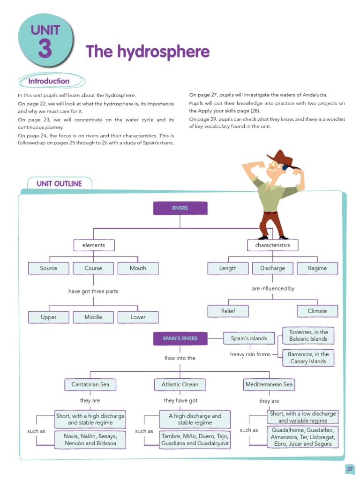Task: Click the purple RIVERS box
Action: click(180, 208)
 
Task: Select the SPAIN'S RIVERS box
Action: click(180, 338)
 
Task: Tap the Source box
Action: click(49, 268)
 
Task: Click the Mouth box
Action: click(138, 268)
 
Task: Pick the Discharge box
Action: click(272, 268)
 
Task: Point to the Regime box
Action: click(317, 268)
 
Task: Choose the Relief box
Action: click(228, 311)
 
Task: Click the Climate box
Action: click(317, 311)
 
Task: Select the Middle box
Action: click(93, 317)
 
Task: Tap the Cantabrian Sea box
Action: click(90, 385)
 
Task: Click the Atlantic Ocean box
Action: click(180, 385)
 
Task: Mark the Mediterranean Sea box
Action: click(269, 385)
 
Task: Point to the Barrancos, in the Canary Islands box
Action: click(308, 358)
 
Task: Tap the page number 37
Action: click(350, 469)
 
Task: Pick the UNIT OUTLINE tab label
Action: click(59, 184)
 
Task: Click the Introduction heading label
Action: click(49, 81)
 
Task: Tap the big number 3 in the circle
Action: click(45, 49)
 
